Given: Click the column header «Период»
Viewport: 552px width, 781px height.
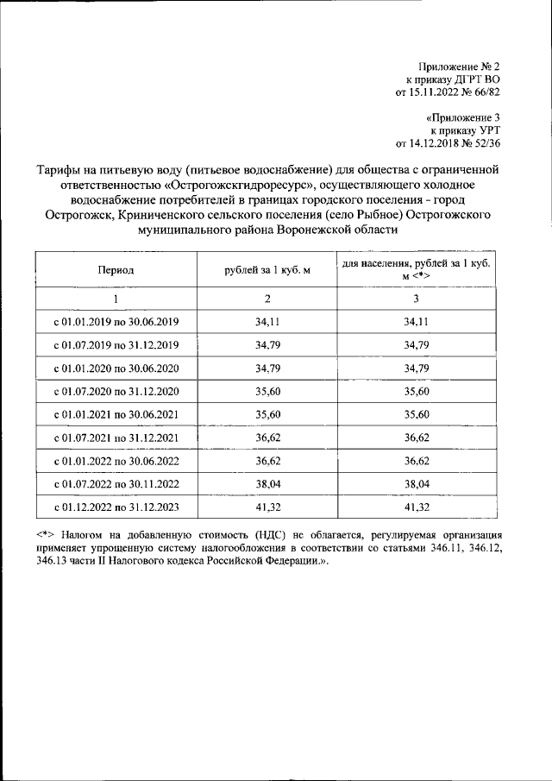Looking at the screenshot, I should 116,270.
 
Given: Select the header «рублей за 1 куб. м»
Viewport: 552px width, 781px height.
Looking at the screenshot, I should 267,270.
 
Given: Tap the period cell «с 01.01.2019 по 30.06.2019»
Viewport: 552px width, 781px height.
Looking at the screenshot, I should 116,322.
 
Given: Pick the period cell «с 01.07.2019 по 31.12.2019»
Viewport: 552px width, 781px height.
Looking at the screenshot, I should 116,345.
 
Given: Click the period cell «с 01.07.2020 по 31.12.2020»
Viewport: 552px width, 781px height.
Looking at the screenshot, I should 116,391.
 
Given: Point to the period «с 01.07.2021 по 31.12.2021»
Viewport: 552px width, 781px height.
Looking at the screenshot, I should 116,437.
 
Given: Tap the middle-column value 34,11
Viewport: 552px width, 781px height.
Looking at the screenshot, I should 267,322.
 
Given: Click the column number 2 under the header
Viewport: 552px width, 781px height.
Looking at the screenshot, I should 267,299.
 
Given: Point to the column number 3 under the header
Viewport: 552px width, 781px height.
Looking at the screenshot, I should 416,299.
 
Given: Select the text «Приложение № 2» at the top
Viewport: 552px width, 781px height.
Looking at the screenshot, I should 459,66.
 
